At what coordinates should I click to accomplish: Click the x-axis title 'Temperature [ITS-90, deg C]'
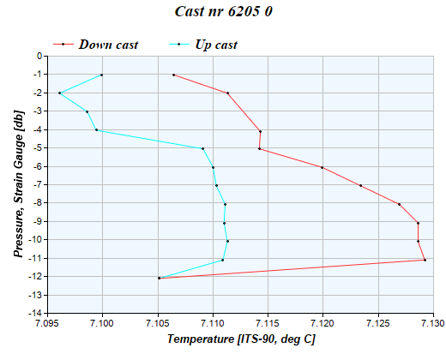pyautogui.click(x=241, y=339)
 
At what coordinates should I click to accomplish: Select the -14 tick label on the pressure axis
pyautogui.click(x=35, y=314)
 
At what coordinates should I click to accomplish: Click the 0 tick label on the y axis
pyautogui.click(x=39, y=57)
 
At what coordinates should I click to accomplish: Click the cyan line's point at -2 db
pyautogui.click(x=59, y=93)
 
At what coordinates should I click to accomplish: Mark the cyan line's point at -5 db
pyautogui.click(x=202, y=148)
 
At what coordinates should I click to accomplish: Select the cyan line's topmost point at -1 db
pyautogui.click(x=101, y=75)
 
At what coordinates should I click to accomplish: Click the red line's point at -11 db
pyautogui.click(x=425, y=260)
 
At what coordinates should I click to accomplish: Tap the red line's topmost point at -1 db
pyautogui.click(x=173, y=75)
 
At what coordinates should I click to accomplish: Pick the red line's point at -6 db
pyautogui.click(x=322, y=167)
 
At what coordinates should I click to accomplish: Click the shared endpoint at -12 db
pyautogui.click(x=159, y=278)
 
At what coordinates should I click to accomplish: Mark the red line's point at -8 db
pyautogui.click(x=399, y=204)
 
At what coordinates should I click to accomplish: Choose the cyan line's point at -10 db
pyautogui.click(x=227, y=241)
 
